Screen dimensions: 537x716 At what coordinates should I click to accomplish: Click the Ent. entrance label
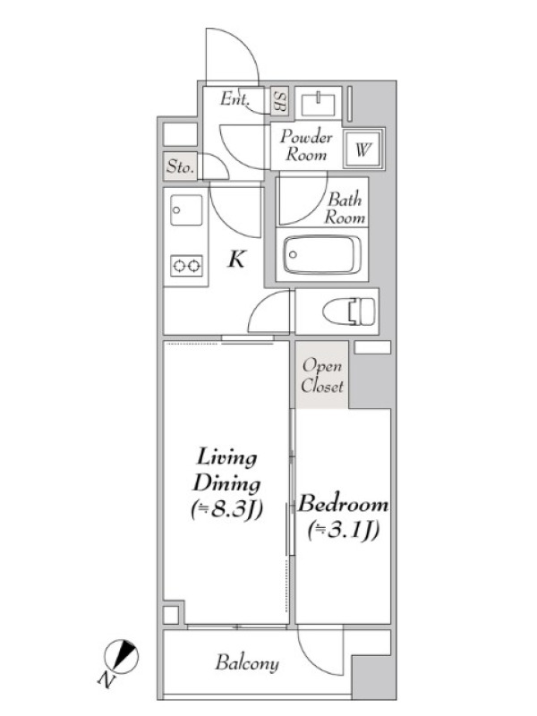(234, 98)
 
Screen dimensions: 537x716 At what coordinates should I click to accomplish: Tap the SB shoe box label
(279, 101)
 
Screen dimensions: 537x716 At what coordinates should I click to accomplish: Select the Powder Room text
(306, 145)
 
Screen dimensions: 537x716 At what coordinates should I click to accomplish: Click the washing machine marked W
(363, 149)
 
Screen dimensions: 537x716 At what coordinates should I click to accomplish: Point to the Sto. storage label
(180, 166)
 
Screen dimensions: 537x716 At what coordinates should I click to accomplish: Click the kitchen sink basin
(186, 210)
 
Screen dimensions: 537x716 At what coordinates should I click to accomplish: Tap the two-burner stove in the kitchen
(186, 265)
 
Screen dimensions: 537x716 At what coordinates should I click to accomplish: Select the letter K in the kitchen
(237, 260)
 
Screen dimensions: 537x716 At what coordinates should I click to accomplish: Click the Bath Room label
(345, 209)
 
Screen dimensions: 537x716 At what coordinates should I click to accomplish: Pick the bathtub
(322, 254)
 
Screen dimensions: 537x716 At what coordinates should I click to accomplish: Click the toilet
(349, 311)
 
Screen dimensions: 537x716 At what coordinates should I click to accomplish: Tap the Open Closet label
(322, 376)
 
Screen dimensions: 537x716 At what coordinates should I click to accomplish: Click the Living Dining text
(226, 471)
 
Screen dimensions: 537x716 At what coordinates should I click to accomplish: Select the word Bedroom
(344, 504)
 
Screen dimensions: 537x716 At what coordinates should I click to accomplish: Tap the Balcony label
(247, 663)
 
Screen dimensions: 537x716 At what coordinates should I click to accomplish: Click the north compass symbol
(122, 657)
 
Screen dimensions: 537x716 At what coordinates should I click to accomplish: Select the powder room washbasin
(319, 104)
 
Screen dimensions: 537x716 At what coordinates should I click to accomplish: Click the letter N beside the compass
(106, 680)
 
